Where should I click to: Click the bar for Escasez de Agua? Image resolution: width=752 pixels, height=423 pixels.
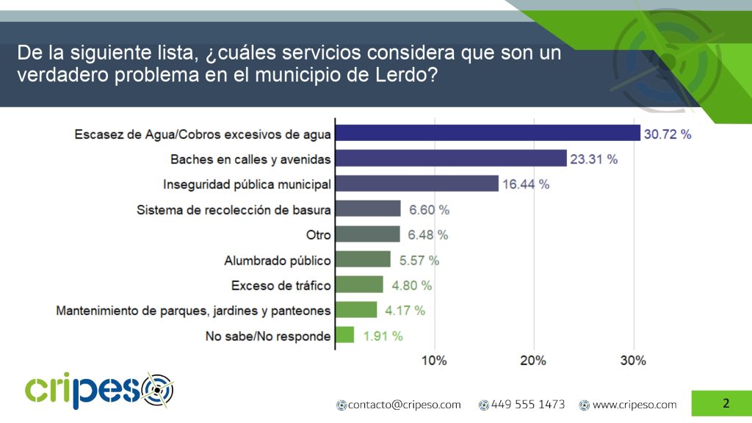488,132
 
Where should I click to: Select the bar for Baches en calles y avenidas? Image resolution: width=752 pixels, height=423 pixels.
451,158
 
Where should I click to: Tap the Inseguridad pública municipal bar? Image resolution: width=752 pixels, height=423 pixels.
416,184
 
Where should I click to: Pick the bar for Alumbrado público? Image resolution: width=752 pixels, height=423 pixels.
363,259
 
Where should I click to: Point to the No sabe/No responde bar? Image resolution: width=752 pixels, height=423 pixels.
344,335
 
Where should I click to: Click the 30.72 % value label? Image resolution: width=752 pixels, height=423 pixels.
668,134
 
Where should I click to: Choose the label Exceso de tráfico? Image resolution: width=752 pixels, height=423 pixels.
281,286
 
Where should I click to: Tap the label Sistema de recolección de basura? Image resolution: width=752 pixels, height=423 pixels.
234,210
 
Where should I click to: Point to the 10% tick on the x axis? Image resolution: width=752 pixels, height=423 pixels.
434,361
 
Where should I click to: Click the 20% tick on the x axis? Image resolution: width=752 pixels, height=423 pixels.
533,361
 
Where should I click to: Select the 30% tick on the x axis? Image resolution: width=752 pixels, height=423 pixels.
633,361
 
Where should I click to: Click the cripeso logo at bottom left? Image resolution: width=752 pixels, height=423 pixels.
99,390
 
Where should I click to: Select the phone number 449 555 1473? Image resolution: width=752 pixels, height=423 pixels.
527,405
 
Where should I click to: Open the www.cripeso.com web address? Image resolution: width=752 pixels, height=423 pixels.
634,405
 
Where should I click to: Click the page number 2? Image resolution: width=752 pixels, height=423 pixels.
726,403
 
